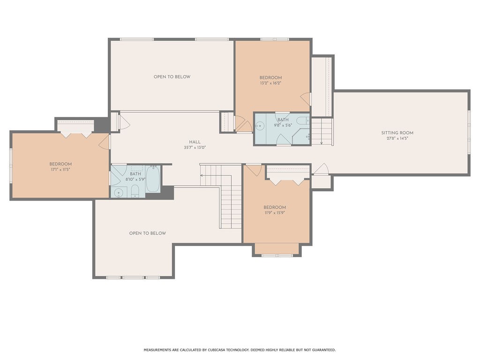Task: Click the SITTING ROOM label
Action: [x=397, y=133]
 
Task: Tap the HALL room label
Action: [x=195, y=142]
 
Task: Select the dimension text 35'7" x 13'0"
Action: [x=195, y=148]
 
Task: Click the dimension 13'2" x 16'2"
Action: [x=270, y=83]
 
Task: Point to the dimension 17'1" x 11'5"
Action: [x=60, y=170]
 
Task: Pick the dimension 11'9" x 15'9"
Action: [x=275, y=213]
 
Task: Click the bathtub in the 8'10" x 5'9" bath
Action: [x=153, y=179]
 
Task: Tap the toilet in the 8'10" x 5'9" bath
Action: [x=135, y=191]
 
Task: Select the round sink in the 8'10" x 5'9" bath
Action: [x=119, y=193]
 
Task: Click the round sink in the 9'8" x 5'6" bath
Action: [x=260, y=126]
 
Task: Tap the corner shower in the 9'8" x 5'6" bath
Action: [x=301, y=136]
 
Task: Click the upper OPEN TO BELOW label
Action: [x=172, y=77]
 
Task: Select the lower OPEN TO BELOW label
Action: [x=148, y=233]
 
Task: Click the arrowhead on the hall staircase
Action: [x=202, y=175]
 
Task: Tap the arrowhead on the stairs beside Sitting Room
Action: [x=322, y=142]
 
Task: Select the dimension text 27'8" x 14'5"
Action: [x=397, y=138]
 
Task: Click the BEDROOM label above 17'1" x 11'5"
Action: [x=60, y=164]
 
